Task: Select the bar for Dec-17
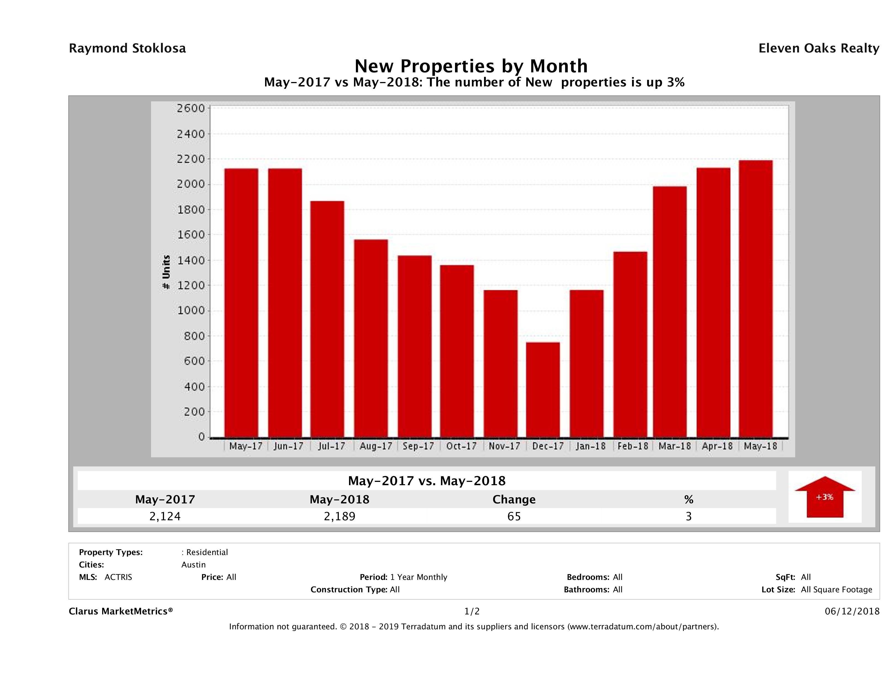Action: pyautogui.click(x=543, y=390)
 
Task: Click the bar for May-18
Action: pyautogui.click(x=756, y=299)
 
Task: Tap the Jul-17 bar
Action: pyautogui.click(x=327, y=319)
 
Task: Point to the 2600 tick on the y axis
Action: pyautogui.click(x=191, y=108)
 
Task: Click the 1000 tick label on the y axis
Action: pyautogui.click(x=191, y=311)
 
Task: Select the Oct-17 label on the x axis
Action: pyautogui.click(x=461, y=446)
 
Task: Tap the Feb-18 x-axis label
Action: pyautogui.click(x=633, y=446)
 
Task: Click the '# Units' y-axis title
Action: pyautogui.click(x=166, y=272)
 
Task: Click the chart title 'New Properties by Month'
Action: pyautogui.click(x=471, y=66)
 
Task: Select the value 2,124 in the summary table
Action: pyautogui.click(x=165, y=516)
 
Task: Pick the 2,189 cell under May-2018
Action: pyautogui.click(x=340, y=516)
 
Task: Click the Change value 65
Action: pyautogui.click(x=514, y=516)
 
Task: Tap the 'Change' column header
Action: pyautogui.click(x=514, y=500)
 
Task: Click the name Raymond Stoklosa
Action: pyautogui.click(x=127, y=48)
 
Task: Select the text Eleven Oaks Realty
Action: pyautogui.click(x=818, y=48)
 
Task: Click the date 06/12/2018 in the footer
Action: pyautogui.click(x=852, y=611)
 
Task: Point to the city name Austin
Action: pyautogui.click(x=193, y=564)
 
